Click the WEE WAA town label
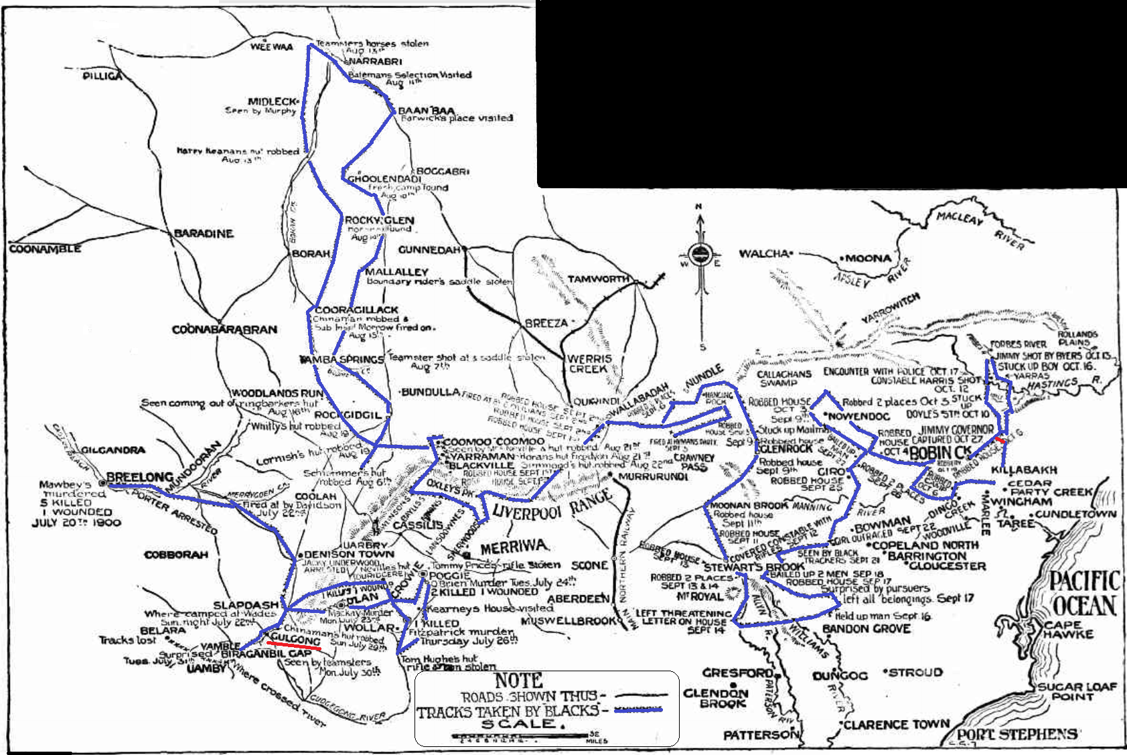click(x=272, y=47)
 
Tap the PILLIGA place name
click(x=103, y=76)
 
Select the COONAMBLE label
click(x=45, y=249)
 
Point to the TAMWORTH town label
click(x=598, y=279)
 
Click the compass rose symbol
click(x=700, y=255)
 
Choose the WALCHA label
click(x=763, y=254)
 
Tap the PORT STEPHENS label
click(x=1017, y=734)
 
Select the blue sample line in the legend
click(x=638, y=709)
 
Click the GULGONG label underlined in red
click(x=295, y=641)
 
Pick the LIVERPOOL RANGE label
click(x=551, y=505)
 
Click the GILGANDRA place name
click(x=113, y=450)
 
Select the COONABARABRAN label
click(x=224, y=330)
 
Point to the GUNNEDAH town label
click(x=429, y=250)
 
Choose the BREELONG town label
click(x=140, y=477)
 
